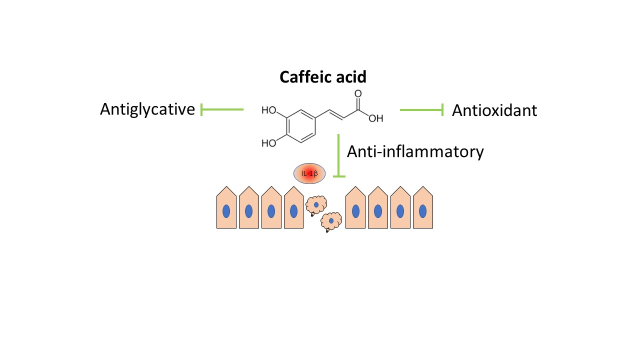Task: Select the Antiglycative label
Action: click(147, 109)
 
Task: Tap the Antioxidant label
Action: click(494, 110)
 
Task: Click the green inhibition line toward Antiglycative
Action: click(222, 109)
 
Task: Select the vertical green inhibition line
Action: click(339, 155)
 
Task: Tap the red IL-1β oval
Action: click(309, 173)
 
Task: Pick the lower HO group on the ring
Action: click(269, 143)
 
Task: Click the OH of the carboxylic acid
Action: click(376, 118)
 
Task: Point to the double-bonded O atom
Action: click(357, 93)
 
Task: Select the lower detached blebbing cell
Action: click(330, 221)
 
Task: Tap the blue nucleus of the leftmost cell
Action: click(226, 211)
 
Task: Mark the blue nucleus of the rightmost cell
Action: click(422, 211)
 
